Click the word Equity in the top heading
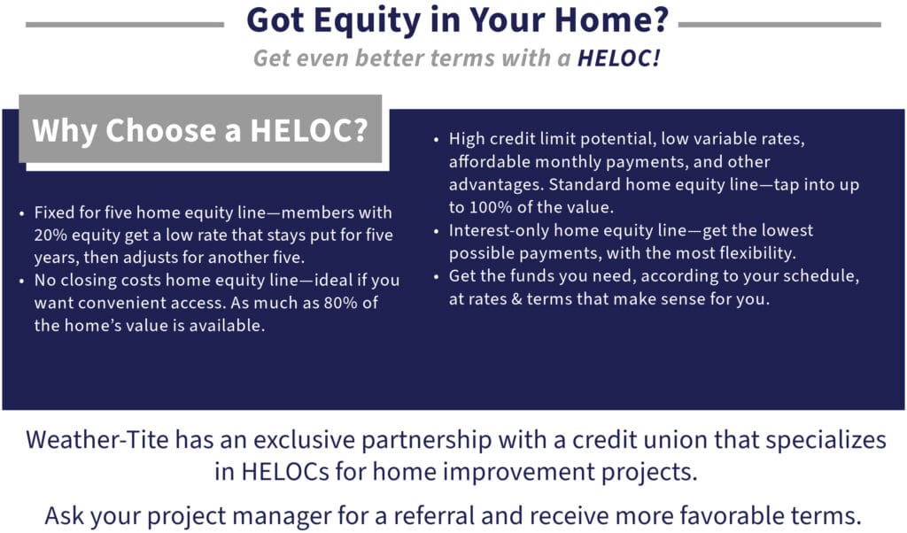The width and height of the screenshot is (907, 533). [x=368, y=21]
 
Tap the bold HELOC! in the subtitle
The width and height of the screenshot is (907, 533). [x=619, y=58]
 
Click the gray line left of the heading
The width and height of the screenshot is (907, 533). [x=125, y=24]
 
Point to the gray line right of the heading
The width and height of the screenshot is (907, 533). [x=779, y=24]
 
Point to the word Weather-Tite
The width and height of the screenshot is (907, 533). [x=97, y=440]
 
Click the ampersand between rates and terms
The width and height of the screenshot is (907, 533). [x=516, y=299]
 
